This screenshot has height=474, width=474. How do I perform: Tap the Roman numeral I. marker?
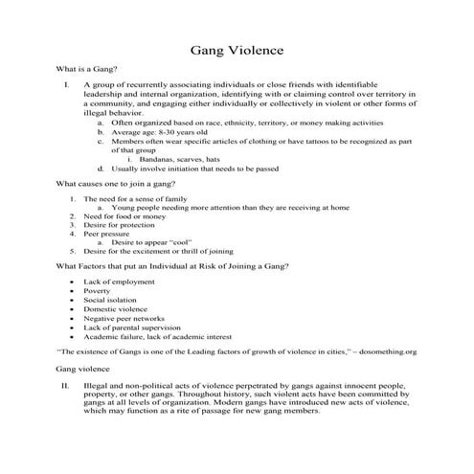pos(65,88)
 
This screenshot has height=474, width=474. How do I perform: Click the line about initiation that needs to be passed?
pos(196,166)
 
